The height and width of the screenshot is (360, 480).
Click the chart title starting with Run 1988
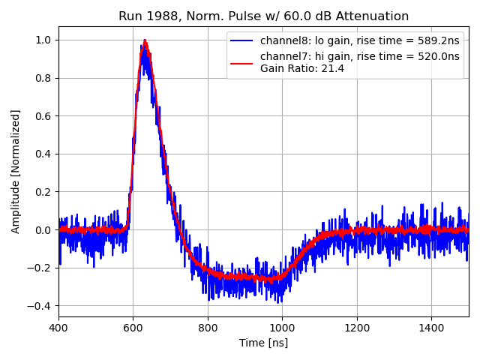pos(263,16)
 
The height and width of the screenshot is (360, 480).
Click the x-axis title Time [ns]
pos(263,343)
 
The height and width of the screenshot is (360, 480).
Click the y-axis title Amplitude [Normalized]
pos(16,171)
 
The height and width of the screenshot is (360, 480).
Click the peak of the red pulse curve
pos(145,40)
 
